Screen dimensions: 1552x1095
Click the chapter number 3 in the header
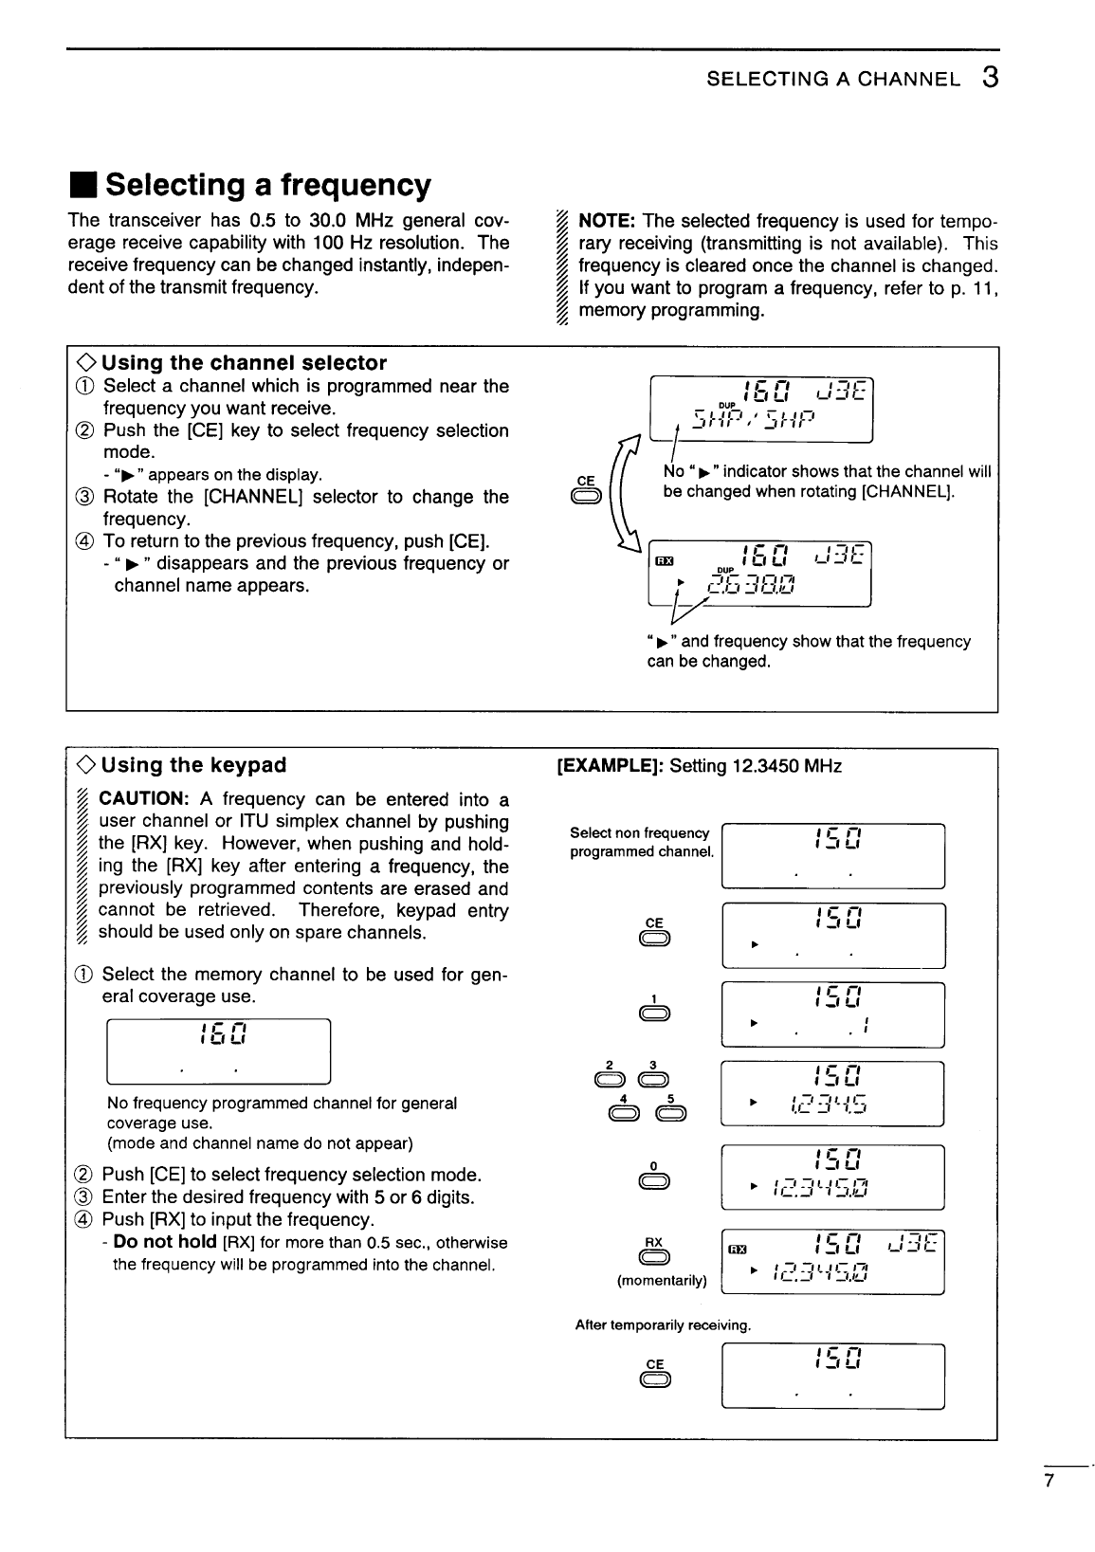tap(990, 77)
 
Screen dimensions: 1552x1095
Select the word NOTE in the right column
tap(606, 221)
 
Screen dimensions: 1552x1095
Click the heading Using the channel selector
tap(244, 363)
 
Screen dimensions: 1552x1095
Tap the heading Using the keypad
tap(193, 765)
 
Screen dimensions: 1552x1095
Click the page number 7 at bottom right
tap(1049, 1483)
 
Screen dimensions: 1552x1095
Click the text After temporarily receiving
tap(663, 1324)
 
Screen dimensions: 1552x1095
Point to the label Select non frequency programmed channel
tap(641, 842)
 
